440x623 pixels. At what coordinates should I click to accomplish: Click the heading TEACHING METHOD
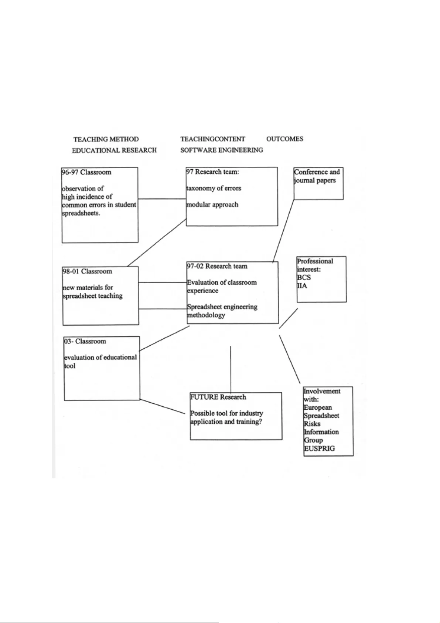click(x=106, y=139)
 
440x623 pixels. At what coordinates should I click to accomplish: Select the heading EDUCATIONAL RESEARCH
click(x=114, y=150)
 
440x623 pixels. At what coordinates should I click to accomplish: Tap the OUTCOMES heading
click(x=284, y=139)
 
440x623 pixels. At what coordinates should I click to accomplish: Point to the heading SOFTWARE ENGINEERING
click(x=222, y=150)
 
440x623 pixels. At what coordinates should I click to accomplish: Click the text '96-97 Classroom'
click(x=86, y=172)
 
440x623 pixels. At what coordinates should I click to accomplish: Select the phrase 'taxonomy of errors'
click(x=214, y=188)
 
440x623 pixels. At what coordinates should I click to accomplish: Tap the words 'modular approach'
click(x=212, y=204)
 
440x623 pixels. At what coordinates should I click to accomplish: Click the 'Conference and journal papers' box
click(x=318, y=183)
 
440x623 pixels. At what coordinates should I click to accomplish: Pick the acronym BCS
click(x=304, y=278)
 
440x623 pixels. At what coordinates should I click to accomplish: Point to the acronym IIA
click(x=302, y=286)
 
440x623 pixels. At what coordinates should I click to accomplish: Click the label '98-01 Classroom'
click(x=87, y=271)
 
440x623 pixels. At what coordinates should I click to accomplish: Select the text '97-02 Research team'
click(x=217, y=266)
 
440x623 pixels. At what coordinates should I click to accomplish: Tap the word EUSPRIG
click(x=319, y=448)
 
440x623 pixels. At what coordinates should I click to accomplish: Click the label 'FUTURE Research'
click(x=218, y=397)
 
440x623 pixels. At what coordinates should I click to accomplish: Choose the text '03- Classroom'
click(x=85, y=341)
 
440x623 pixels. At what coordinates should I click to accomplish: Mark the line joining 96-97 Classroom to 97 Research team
click(x=162, y=199)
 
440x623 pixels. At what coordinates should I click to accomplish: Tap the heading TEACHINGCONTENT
click(x=212, y=139)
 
